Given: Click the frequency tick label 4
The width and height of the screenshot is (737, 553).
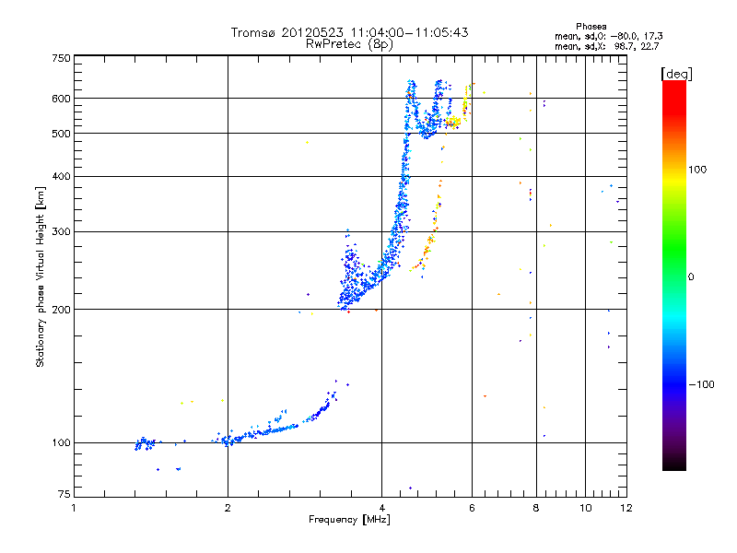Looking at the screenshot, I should [381, 508].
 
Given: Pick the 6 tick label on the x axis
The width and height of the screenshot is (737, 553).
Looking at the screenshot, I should [472, 508].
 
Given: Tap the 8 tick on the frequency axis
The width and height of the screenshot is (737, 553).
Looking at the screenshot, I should [535, 508].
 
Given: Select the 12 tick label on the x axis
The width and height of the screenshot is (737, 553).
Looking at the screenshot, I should [626, 508].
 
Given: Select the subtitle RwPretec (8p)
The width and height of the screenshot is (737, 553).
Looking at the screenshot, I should [350, 43].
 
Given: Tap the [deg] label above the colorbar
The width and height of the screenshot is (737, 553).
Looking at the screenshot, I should [675, 73].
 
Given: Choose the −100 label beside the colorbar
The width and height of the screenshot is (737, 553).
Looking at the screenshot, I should [699, 384].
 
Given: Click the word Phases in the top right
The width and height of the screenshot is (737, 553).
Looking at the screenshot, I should [591, 26].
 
